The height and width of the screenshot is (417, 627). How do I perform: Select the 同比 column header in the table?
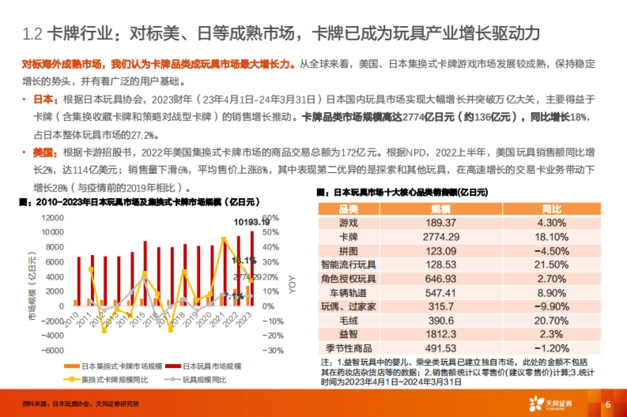click(x=551, y=209)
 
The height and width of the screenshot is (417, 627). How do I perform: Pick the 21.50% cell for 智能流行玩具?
click(x=551, y=265)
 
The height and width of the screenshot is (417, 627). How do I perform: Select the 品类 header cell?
click(x=349, y=209)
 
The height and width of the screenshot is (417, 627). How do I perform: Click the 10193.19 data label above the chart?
click(x=254, y=222)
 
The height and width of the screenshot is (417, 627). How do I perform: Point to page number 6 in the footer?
click(x=608, y=404)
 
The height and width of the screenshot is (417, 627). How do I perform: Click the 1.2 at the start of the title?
click(x=32, y=34)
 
